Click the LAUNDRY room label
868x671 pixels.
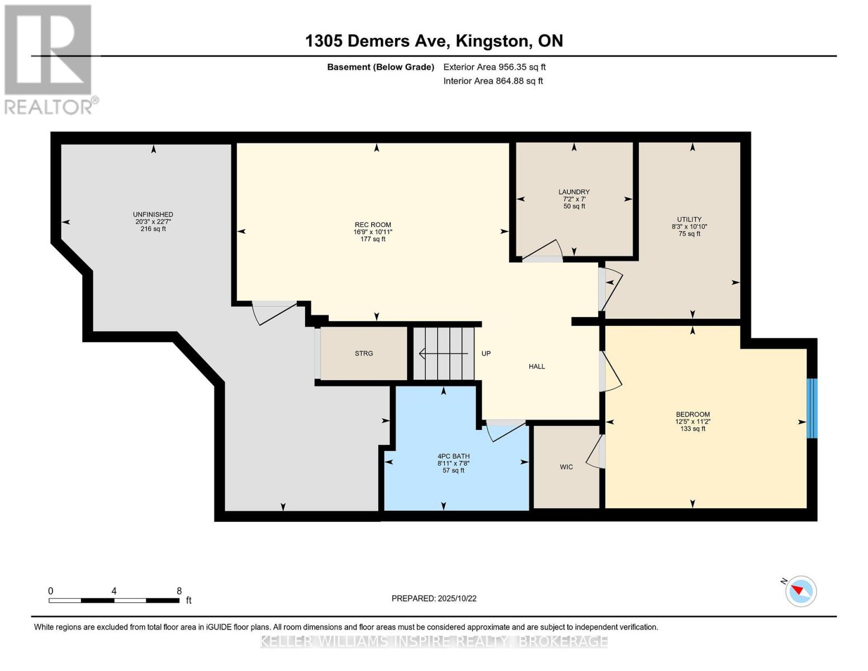574,192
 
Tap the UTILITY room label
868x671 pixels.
689,219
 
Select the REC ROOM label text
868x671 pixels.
373,225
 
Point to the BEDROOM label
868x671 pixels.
692,414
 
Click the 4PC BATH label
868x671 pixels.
453,456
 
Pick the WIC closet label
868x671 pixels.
566,467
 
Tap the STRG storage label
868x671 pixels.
364,353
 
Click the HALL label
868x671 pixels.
537,366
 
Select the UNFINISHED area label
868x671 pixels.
153,215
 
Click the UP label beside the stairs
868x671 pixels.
486,353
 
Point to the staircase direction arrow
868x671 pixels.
443,354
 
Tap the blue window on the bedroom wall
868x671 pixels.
812,408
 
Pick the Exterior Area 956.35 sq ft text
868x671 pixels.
495,67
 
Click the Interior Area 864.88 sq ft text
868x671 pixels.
494,81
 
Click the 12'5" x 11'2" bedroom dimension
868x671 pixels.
692,422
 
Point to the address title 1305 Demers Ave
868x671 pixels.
377,41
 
